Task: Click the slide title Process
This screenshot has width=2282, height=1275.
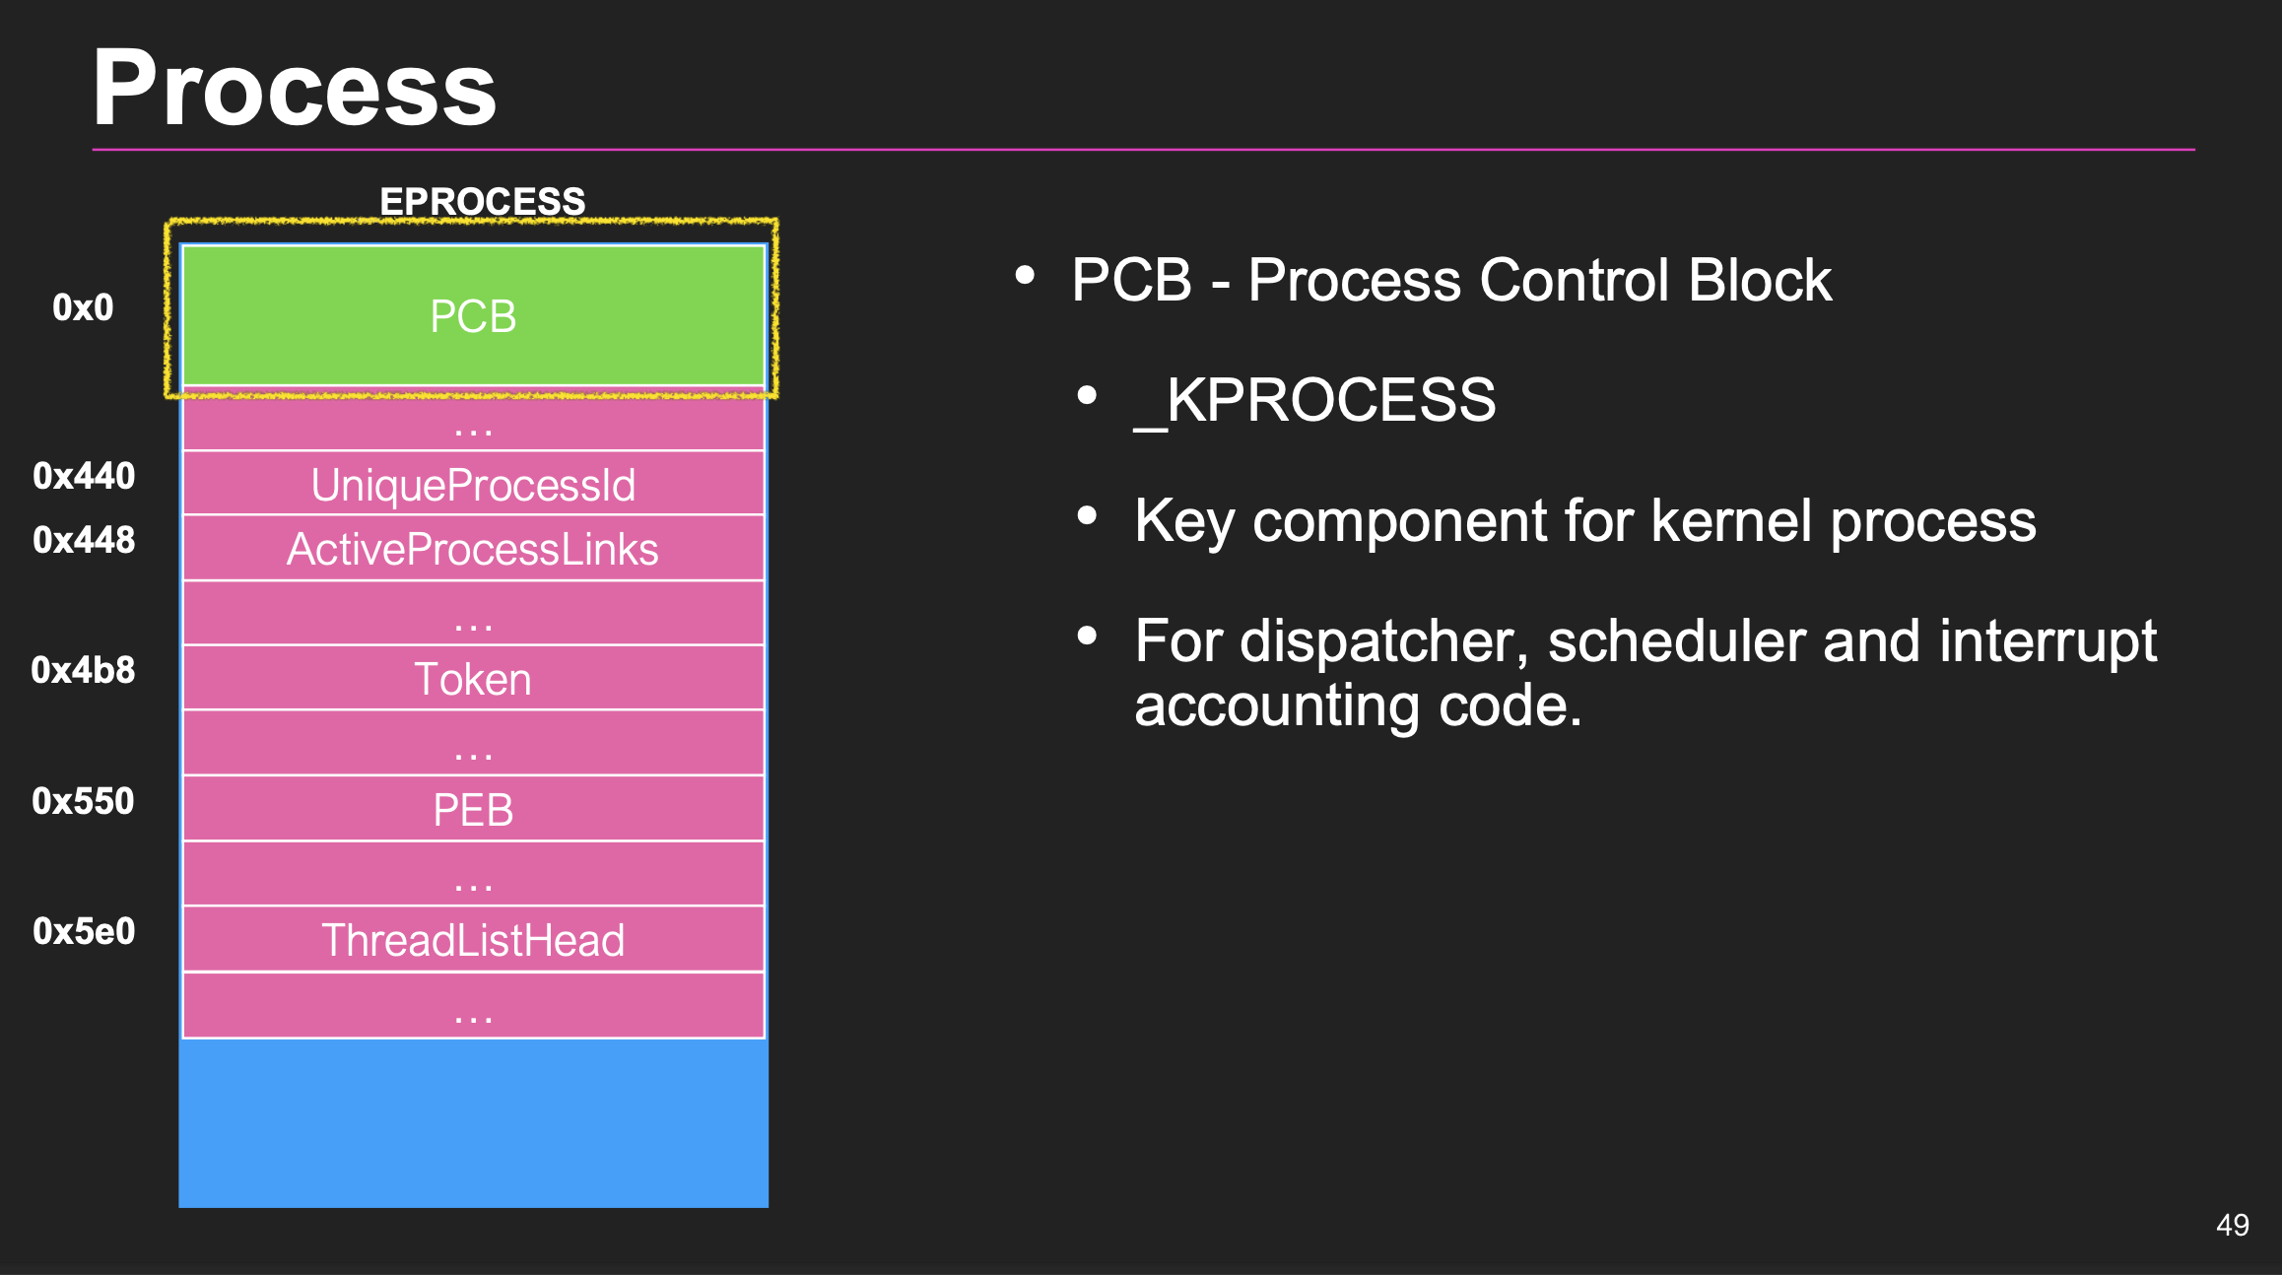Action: coord(294,89)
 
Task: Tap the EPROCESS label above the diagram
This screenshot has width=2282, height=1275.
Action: coord(482,201)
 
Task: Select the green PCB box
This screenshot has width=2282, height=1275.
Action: coord(473,316)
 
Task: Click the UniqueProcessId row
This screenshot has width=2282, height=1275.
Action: coord(473,484)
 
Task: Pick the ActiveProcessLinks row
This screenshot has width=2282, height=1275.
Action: coord(473,549)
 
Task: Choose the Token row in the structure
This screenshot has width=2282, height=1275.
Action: coord(473,679)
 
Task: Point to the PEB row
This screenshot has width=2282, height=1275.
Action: coord(473,810)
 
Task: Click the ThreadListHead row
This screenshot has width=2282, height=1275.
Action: coord(473,940)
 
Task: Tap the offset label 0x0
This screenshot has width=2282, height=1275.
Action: coord(83,307)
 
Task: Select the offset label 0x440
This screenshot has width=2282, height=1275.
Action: coord(84,476)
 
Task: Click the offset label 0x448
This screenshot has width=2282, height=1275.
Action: coord(84,540)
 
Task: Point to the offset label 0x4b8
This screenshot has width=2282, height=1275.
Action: coord(83,670)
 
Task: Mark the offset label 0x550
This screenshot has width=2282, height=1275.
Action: coord(83,801)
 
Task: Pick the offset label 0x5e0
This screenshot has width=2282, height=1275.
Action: coord(84,931)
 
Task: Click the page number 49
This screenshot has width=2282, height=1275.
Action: coord(2232,1225)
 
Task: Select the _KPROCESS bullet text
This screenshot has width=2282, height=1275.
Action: coord(1314,400)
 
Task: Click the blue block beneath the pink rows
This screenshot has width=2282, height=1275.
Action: coord(473,1123)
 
